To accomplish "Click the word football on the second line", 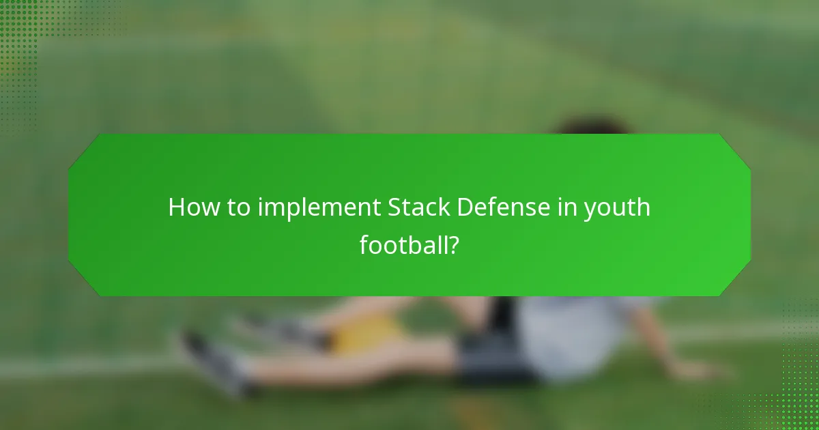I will (x=402, y=244).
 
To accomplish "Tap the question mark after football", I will (x=452, y=244).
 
